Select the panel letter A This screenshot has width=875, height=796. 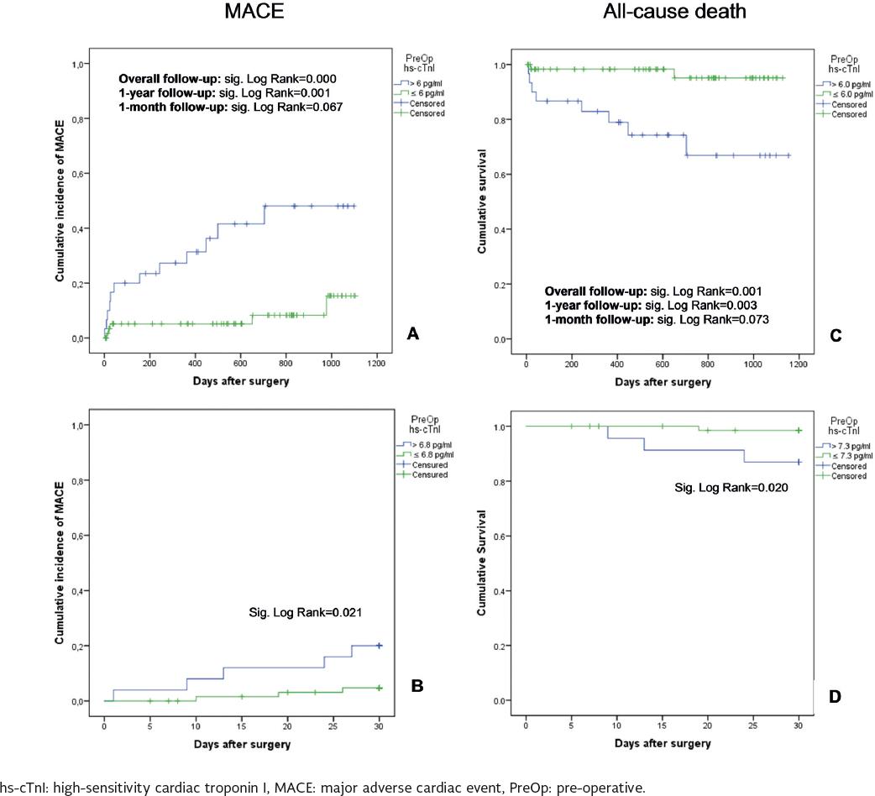411,334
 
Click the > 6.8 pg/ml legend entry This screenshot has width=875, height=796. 428,445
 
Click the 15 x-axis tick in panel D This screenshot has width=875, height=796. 662,720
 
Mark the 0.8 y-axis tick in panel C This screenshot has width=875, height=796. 499,120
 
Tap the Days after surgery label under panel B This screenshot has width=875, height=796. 242,743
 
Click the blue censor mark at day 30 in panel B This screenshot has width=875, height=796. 378,645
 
